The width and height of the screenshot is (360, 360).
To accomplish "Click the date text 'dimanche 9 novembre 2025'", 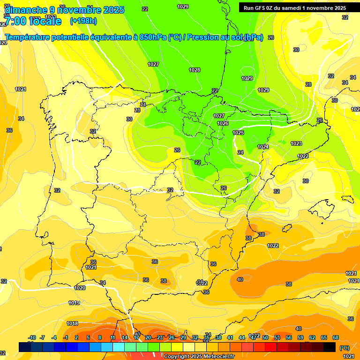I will [x=64, y=10].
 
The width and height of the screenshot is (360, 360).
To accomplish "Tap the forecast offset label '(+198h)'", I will [x=83, y=21].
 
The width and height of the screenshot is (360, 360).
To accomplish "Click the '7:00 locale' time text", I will [x=33, y=21].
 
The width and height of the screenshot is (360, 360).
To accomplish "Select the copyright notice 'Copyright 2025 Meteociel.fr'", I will [x=199, y=356].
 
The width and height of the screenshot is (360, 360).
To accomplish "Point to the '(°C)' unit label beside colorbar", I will [x=344, y=348].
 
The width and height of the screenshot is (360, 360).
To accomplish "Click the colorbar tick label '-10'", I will [x=32, y=337].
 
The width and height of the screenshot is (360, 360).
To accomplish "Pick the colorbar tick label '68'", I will [x=336, y=337].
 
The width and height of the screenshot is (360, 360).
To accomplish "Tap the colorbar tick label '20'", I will [x=148, y=337].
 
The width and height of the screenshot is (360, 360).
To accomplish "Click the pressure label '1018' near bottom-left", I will [x=72, y=323].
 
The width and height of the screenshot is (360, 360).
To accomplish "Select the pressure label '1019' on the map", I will [x=74, y=303].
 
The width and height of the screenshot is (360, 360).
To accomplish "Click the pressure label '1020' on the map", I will [x=80, y=288].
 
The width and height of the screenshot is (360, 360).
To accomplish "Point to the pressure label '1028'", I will [x=195, y=70].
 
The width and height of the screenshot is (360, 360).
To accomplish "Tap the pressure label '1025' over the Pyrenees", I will [x=239, y=133].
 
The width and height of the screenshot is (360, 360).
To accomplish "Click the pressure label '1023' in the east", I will [x=296, y=143].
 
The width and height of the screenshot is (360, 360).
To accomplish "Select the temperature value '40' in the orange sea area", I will [x=240, y=279].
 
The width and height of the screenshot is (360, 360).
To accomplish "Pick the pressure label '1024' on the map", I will [x=263, y=147].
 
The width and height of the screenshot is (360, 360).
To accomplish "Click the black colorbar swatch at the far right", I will [x=330, y=347].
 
